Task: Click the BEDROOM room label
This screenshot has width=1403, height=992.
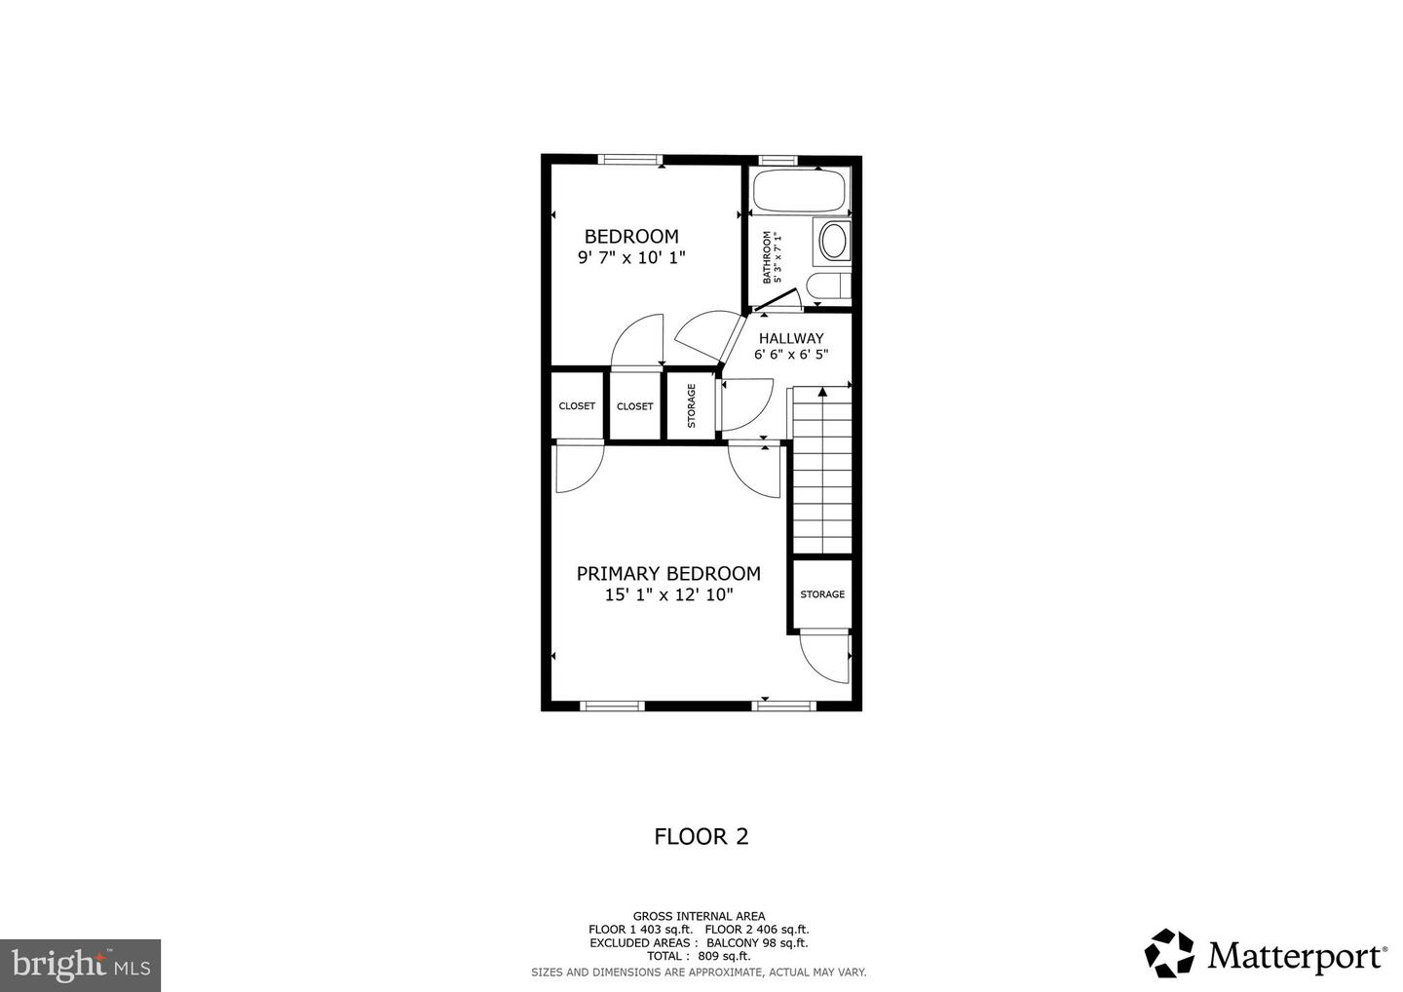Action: (631, 237)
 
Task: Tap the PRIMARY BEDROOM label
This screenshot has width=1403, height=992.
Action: (668, 574)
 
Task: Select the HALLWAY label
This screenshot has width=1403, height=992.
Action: (791, 339)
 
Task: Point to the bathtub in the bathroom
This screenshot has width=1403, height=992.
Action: (798, 192)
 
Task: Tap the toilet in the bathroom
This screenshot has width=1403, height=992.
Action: (831, 287)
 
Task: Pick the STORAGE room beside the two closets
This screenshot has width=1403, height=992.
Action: (692, 405)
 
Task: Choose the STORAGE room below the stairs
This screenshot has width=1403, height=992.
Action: (822, 594)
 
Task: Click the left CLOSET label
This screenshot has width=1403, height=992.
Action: (577, 406)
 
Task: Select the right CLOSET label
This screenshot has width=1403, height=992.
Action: (635, 406)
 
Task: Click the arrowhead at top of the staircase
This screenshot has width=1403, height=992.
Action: (822, 392)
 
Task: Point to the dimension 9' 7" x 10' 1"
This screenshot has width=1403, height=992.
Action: (631, 258)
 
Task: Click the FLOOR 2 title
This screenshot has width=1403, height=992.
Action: (701, 836)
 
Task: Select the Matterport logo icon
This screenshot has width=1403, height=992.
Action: (1169, 953)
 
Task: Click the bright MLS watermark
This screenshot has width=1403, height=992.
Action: (80, 965)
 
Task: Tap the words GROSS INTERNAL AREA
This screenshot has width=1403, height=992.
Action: (699, 916)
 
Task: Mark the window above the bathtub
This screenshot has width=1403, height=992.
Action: (778, 159)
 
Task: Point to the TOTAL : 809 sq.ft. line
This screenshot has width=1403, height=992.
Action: (699, 957)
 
